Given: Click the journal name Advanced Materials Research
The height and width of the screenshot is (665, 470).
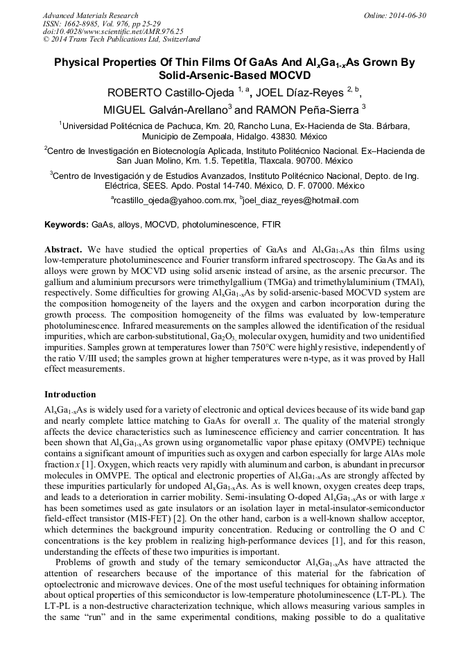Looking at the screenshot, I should click(x=91, y=15).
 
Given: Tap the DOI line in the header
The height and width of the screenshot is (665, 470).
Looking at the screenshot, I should click(x=113, y=32).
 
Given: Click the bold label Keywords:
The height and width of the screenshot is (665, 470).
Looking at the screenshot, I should click(x=67, y=225).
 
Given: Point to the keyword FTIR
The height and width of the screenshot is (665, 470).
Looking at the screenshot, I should click(x=270, y=225).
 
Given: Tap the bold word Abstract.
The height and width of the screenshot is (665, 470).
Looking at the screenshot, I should click(x=64, y=248).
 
